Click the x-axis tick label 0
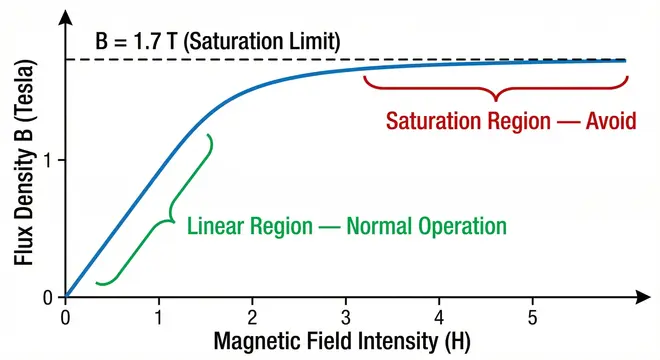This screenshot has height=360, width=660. tap(66, 318)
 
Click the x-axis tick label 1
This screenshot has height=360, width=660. tap(159, 318)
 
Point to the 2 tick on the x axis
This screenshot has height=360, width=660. tap(253, 318)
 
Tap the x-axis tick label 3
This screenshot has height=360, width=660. tap(346, 318)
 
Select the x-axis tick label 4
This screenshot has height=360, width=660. tap(439, 318)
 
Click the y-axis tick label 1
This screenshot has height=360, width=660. tap(48, 160)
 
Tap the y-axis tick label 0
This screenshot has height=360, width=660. tap(48, 297)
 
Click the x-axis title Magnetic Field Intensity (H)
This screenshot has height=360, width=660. tap(340, 343)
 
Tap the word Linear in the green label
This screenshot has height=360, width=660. tap(217, 226)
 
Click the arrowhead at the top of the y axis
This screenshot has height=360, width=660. tap(66, 17)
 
